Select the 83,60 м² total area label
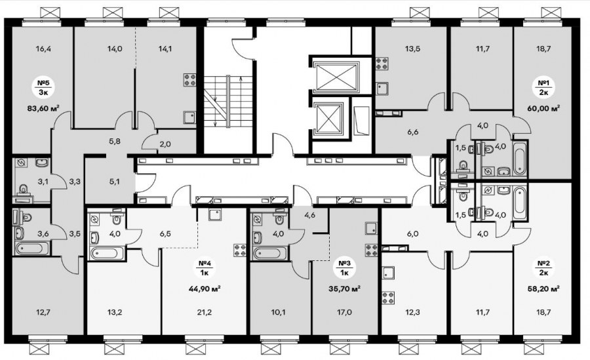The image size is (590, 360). pyautogui.click(x=44, y=108)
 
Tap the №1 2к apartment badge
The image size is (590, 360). pyautogui.click(x=543, y=87)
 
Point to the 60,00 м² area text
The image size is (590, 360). pyautogui.click(x=543, y=108)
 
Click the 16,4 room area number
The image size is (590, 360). pyautogui.click(x=44, y=49)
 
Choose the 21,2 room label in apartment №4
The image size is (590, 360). pyautogui.click(x=205, y=312)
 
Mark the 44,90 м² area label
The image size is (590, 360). pyautogui.click(x=205, y=289)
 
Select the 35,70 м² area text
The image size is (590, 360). pyautogui.click(x=345, y=289)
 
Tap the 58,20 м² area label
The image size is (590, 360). pyautogui.click(x=543, y=289)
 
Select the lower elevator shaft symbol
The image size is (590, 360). pyautogui.click(x=329, y=119)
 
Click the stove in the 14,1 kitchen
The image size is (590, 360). pyautogui.click(x=189, y=79)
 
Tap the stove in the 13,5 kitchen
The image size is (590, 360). pyautogui.click(x=383, y=63)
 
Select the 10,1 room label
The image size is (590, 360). pyautogui.click(x=279, y=312)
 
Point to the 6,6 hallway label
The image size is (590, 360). pyautogui.click(x=413, y=132)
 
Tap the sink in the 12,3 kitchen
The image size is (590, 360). pyautogui.click(x=388, y=272)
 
